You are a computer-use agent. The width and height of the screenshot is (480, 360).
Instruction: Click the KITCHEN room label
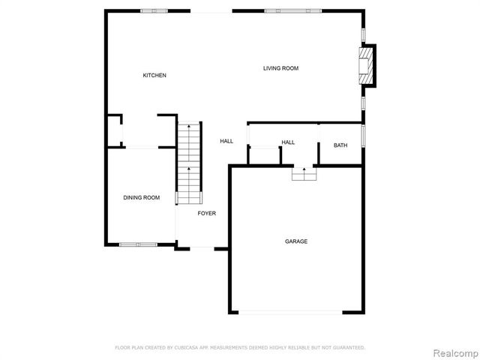tap(154, 76)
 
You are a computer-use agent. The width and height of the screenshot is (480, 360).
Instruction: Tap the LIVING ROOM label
tap(280, 69)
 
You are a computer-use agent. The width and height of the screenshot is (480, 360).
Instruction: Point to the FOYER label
tap(207, 214)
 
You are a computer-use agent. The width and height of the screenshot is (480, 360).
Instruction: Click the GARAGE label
tap(295, 241)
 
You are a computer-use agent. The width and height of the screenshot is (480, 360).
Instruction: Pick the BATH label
tap(340, 145)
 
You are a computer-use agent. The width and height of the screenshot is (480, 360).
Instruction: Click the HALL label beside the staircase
tap(226, 141)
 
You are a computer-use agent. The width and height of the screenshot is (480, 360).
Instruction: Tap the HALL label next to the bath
tap(288, 142)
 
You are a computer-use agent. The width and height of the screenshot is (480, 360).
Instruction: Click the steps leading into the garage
tap(304, 174)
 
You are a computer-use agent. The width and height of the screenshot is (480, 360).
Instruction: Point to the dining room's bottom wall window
tap(138, 244)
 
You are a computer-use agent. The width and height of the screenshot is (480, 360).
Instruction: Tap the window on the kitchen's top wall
tap(154, 10)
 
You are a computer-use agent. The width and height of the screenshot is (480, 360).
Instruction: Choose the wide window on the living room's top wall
tap(292, 10)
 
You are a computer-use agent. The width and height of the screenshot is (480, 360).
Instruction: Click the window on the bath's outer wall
tap(364, 136)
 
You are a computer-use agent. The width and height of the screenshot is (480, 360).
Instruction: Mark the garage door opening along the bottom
tap(295, 313)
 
